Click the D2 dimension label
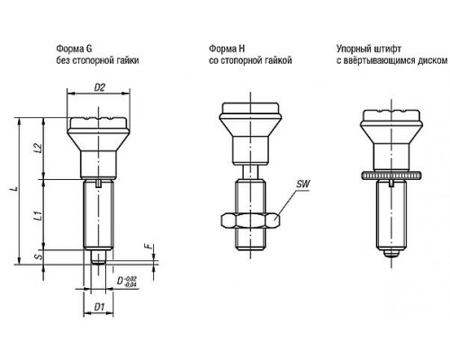pyautogui.click(x=100, y=87)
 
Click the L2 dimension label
pyautogui.click(x=38, y=148)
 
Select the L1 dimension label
pyautogui.click(x=38, y=216)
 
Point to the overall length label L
pyautogui.click(x=13, y=189)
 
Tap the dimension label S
pyautogui.click(x=39, y=257)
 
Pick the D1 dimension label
pyautogui.click(x=99, y=307)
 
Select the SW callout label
pyautogui.click(x=303, y=184)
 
